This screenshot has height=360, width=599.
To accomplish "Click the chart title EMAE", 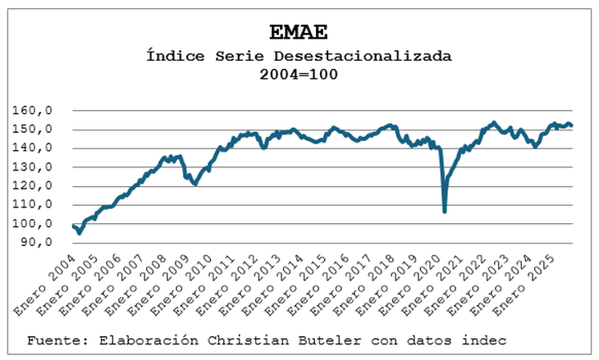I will pos(299,32).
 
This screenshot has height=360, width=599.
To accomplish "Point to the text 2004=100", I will pos(299,74).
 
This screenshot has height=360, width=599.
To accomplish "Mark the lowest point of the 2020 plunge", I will pos(445,212).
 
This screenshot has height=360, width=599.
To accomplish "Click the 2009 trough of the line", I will pos(194,184).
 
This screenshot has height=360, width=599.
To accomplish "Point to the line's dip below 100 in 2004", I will pos(79,233).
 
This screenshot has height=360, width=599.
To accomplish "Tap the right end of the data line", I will pos(571,125).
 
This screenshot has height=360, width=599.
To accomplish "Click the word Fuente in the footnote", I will pos(52,339).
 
